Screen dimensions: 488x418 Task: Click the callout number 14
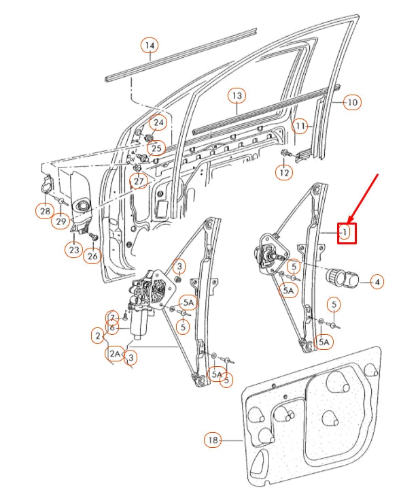click(150, 46)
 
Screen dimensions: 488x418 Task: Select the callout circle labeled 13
click(237, 96)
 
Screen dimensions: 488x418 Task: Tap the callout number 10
click(351, 103)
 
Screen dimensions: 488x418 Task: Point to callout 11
click(300, 126)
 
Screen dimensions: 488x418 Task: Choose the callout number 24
click(158, 123)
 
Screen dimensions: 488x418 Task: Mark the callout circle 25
click(156, 148)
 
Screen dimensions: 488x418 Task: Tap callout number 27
click(139, 182)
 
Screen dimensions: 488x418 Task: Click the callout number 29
click(62, 222)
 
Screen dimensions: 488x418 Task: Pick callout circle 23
click(74, 250)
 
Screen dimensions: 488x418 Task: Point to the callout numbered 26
click(92, 256)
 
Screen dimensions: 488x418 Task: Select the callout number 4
click(376, 280)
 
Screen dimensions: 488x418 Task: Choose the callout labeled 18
click(213, 440)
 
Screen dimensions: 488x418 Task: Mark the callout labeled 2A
click(114, 354)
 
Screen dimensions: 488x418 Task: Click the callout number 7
click(113, 317)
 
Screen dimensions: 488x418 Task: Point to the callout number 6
click(113, 328)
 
